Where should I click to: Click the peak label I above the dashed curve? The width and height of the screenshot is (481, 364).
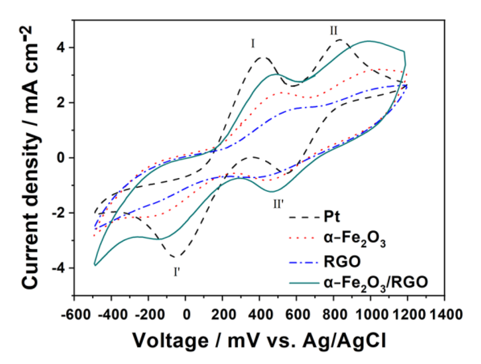point(253,44)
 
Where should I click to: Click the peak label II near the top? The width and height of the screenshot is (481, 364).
point(333,30)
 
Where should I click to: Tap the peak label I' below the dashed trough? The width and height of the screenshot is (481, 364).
point(177,272)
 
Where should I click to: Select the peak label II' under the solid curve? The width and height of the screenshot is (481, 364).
point(278,204)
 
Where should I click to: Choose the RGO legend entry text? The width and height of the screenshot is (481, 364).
point(342,262)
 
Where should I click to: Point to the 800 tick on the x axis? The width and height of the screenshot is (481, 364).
point(333,315)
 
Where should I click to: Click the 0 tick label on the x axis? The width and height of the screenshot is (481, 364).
point(186,315)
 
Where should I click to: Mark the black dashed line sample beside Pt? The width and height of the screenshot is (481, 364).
point(304,217)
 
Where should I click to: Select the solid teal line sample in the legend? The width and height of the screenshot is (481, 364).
point(304,283)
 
